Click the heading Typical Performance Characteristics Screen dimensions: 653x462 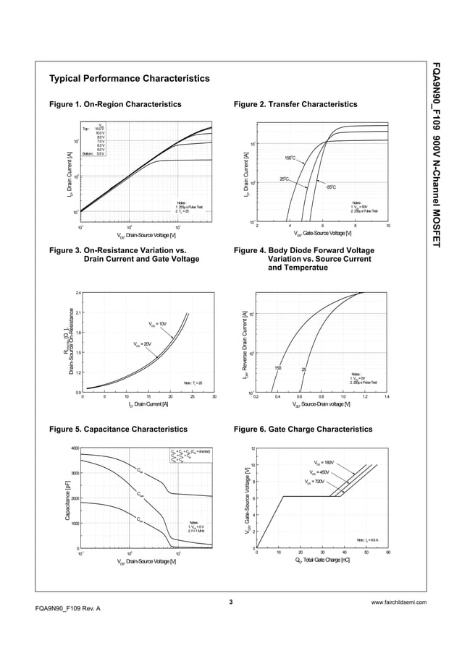[x=129, y=78]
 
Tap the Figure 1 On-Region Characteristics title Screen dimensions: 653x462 [x=114, y=105]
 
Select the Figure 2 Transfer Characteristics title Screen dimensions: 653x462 [x=295, y=105]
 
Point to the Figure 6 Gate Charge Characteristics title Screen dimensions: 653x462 [x=303, y=430]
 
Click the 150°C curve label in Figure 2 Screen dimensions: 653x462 [x=289, y=158]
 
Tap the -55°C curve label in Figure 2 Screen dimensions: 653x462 [x=330, y=187]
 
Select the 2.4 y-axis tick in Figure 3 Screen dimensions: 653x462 [x=77, y=293]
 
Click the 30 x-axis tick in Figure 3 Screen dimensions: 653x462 [x=214, y=397]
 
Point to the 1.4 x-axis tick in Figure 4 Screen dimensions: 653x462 [x=387, y=397]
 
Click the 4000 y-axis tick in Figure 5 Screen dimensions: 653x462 [x=75, y=448]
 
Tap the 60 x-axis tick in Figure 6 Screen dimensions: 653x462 [x=388, y=552]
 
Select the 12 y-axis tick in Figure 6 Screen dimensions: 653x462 [x=252, y=448]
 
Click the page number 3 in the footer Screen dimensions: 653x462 [x=230, y=602]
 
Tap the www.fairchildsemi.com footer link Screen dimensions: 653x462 [x=398, y=602]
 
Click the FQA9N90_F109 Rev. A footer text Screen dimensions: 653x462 [x=67, y=609]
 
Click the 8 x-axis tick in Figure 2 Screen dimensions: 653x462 [x=356, y=226]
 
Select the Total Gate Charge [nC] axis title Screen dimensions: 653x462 [x=323, y=560]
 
